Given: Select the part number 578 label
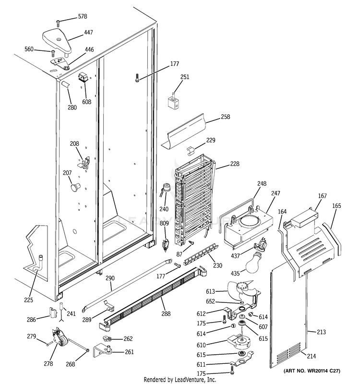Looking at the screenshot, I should (83, 16).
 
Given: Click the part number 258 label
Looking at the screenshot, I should (226, 117).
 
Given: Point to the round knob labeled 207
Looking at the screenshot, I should (74, 186).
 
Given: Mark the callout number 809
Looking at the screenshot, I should (164, 223).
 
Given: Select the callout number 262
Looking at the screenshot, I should (128, 338).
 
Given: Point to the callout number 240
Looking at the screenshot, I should (164, 209).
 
